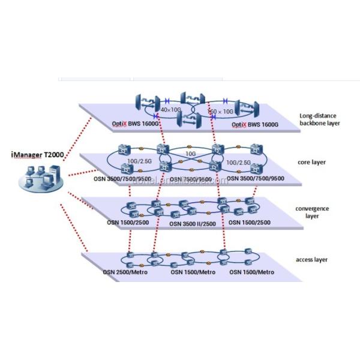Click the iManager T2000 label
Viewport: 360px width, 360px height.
37,155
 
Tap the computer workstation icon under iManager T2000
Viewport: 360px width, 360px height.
40,179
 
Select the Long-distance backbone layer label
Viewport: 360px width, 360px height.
320,120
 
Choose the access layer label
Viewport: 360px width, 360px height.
312,259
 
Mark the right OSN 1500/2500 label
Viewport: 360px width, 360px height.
251,224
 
